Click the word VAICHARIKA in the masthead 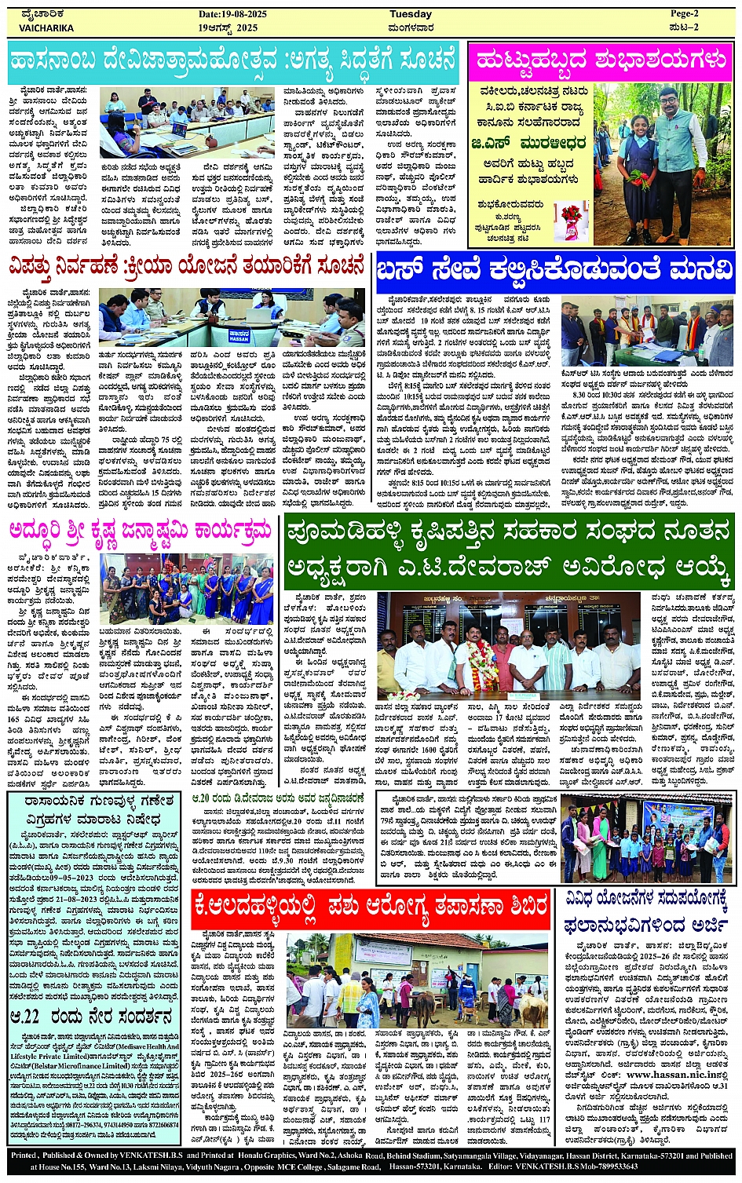46,27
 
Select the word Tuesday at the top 411,14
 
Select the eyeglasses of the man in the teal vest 669,104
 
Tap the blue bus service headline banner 555,272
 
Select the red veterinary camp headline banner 371,909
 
